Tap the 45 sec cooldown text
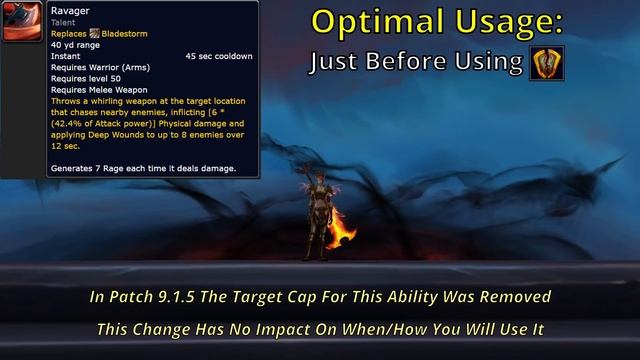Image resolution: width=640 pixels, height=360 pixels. click(x=218, y=57)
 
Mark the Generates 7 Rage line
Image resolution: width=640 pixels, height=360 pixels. click(x=142, y=168)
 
